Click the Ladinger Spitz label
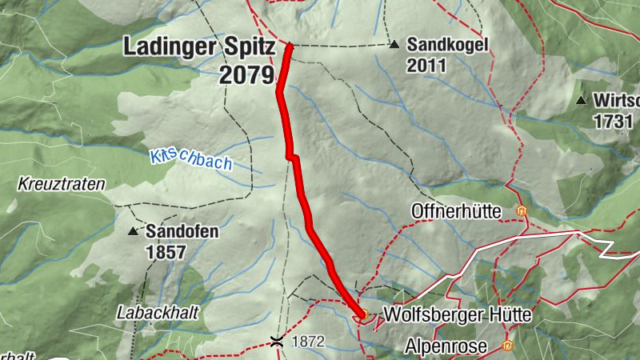198,47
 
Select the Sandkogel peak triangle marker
394,45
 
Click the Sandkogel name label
447,45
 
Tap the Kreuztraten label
62,185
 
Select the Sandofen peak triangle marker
133,232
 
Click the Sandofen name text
182,232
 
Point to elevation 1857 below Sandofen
166,253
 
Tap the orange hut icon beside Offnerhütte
521,212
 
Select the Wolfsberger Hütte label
458,315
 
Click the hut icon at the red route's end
362,314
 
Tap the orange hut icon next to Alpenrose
506,346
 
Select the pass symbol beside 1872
277,342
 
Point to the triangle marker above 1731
581,101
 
